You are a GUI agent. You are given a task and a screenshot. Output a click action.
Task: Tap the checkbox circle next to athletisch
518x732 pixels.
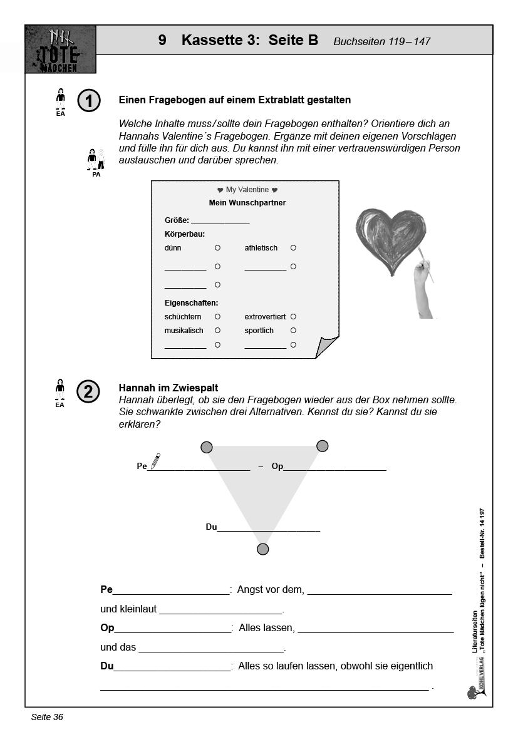293,248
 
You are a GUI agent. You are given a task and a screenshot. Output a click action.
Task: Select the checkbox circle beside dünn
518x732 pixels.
217,248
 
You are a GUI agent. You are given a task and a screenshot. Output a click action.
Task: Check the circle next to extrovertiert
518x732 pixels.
293,317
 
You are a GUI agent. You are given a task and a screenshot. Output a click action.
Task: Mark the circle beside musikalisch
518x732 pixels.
217,331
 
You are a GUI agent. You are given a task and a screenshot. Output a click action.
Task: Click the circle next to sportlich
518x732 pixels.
293,331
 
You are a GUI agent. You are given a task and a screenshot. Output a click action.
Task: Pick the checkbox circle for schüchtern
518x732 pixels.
217,317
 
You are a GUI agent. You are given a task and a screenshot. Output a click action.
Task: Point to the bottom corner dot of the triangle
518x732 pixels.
263,549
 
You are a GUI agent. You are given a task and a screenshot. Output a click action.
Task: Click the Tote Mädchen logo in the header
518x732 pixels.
61,49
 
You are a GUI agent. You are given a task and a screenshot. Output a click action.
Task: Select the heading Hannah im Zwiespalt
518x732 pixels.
168,388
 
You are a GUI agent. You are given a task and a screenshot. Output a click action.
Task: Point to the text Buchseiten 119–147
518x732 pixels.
381,42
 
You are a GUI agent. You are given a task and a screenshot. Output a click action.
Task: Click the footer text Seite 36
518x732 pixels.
47,717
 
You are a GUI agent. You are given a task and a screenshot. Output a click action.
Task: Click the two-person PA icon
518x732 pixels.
96,160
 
